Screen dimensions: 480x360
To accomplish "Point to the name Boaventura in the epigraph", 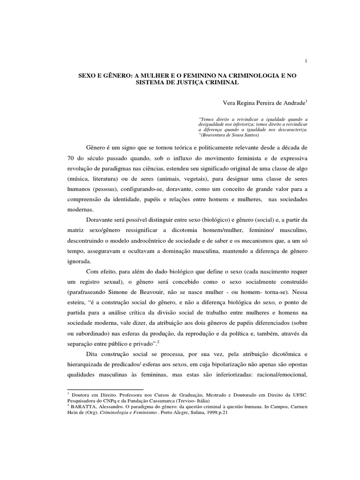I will pyautogui.click(x=220, y=134).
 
